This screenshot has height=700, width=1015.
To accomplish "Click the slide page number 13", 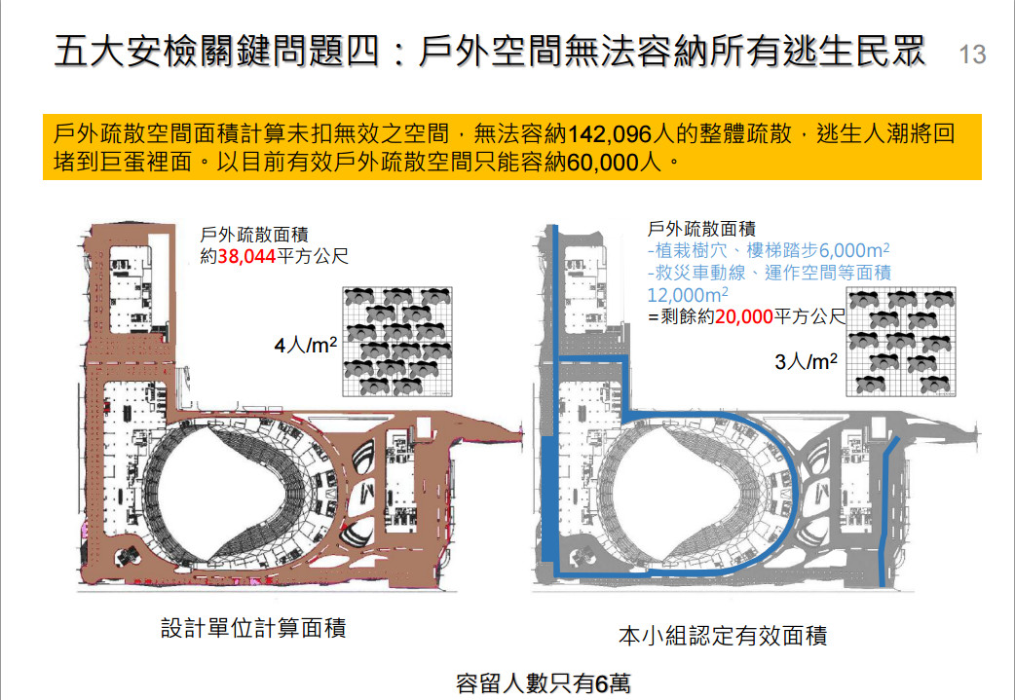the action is point(972,55).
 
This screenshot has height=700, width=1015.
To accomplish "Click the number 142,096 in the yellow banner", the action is point(609,134).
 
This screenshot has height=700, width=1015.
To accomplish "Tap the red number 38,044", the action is point(246,257).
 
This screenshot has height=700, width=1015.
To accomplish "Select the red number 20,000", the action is point(744,316).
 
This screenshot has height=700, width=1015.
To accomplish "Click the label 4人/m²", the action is point(306,345).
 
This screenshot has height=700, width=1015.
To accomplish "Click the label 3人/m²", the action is point(806,361).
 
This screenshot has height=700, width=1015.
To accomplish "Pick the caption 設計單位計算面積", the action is point(253,628).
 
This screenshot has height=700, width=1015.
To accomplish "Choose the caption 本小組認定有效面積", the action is point(723,636).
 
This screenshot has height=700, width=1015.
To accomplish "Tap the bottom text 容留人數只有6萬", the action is point(543,683).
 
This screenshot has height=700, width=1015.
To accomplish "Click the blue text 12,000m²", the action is point(688,295).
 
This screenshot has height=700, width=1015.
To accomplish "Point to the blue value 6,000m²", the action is point(854,250).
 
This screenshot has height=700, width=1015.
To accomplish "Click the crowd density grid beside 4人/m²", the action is point(396,342).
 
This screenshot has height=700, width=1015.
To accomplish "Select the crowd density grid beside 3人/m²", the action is point(900,342).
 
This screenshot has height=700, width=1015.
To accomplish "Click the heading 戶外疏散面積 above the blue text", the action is point(701,229).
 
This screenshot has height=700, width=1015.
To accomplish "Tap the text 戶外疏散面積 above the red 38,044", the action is point(254,235).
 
